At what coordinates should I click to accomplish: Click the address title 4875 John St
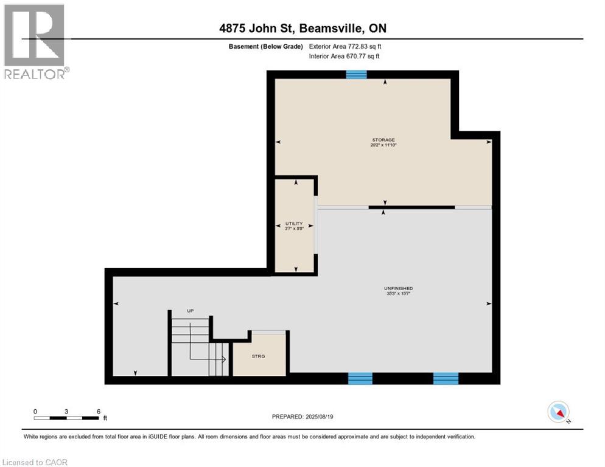point(302,29)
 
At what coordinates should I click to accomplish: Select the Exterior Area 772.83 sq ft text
point(345,46)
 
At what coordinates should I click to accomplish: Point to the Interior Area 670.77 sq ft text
point(345,57)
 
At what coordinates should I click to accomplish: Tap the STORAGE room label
point(383,140)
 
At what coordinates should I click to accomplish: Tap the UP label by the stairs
point(190,311)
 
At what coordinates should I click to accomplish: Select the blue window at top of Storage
point(356,75)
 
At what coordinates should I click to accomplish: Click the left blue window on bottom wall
point(360,378)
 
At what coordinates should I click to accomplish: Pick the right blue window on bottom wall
point(445,378)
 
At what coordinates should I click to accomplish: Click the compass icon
point(558,412)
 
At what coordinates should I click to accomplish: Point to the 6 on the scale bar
point(98,411)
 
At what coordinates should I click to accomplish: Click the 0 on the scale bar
point(35,411)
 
